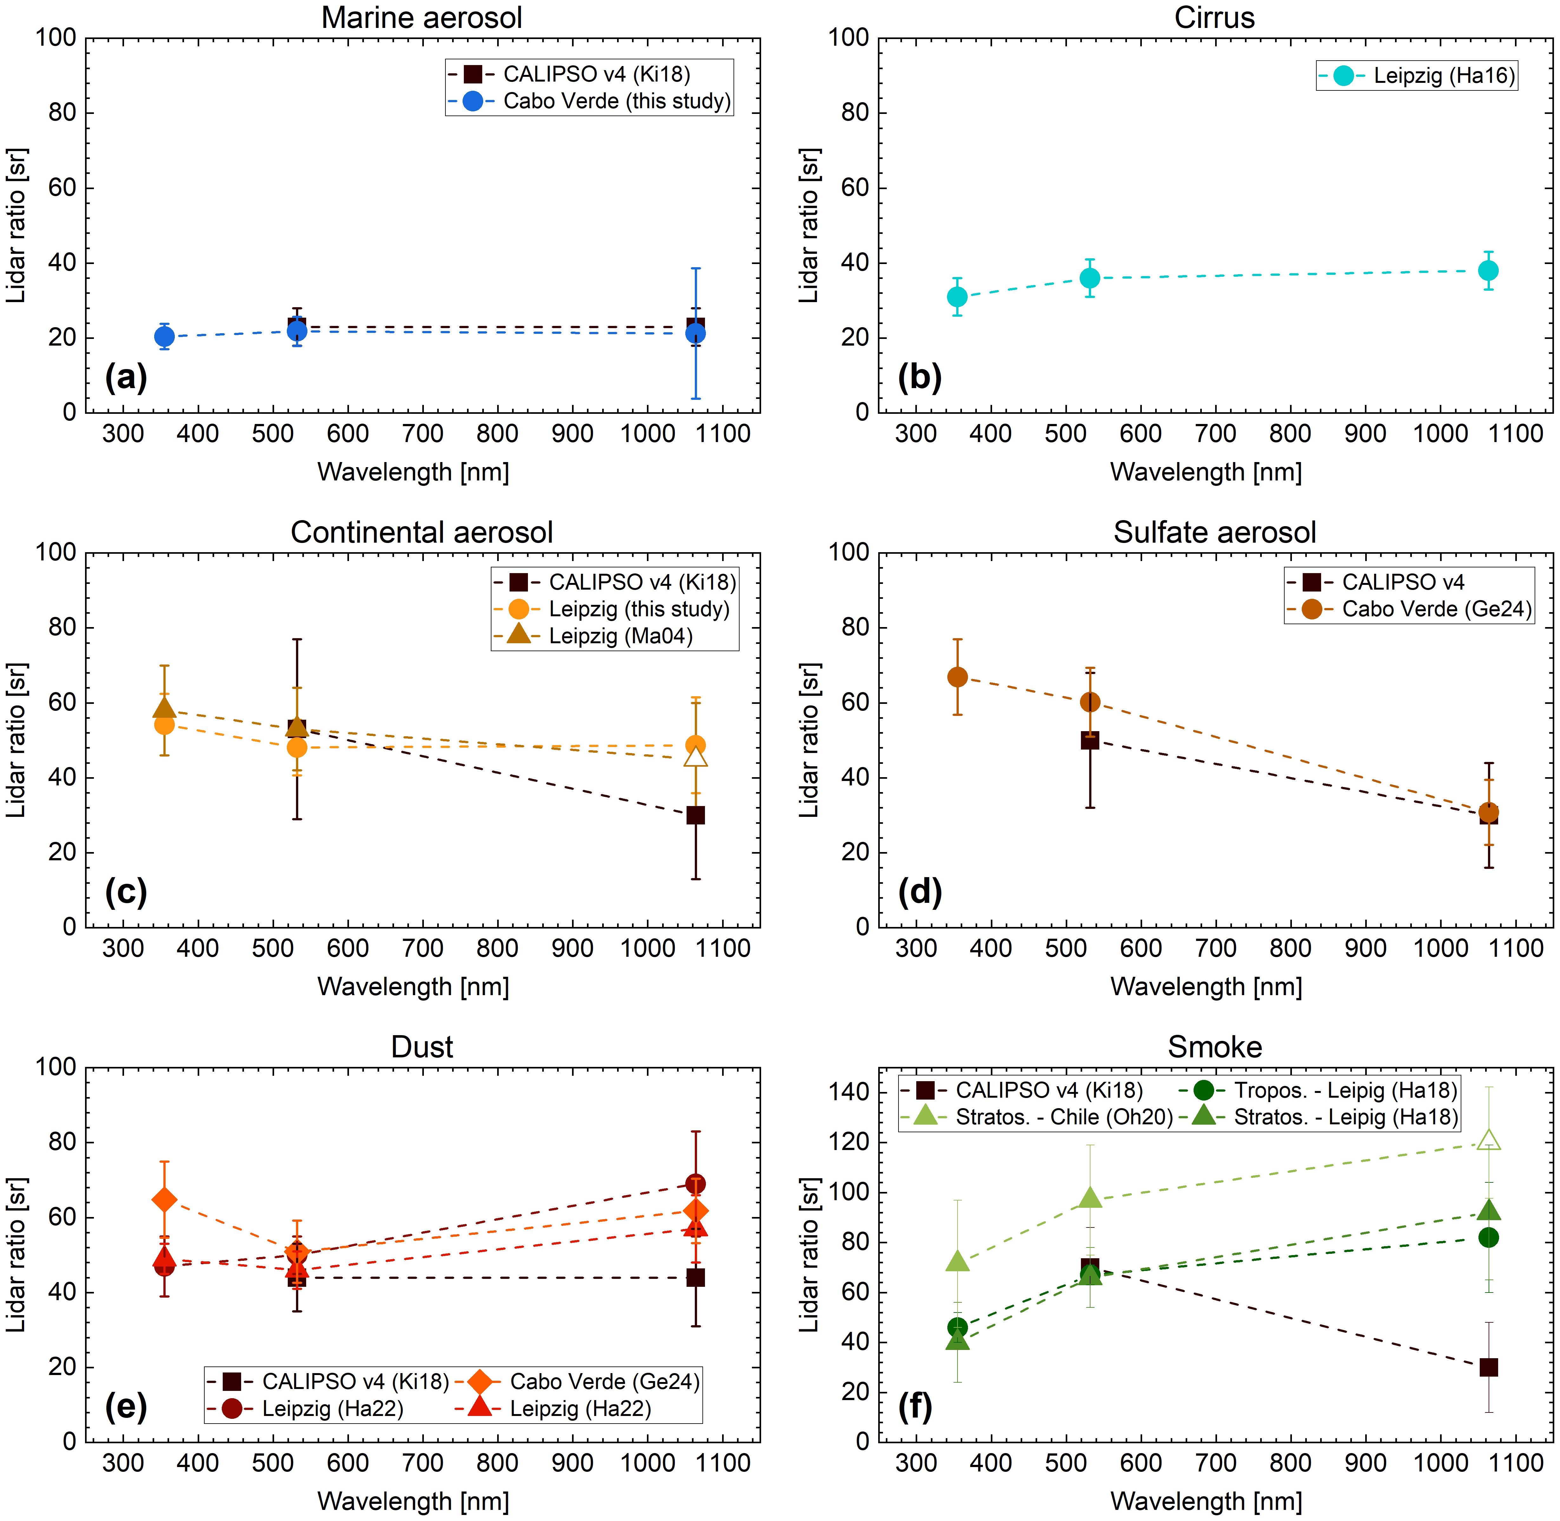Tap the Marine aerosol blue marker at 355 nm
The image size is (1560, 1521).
tap(164, 336)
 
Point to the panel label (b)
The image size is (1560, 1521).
tap(919, 376)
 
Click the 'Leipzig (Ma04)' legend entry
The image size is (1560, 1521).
tap(620, 636)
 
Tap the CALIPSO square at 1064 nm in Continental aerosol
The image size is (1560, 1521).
tap(696, 815)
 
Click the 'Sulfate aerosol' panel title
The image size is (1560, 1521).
tap(1214, 532)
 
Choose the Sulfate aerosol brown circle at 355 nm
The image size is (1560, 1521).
tap(957, 677)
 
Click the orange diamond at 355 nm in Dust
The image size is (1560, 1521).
tap(164, 1200)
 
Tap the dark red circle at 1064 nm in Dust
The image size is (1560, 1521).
tap(696, 1183)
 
